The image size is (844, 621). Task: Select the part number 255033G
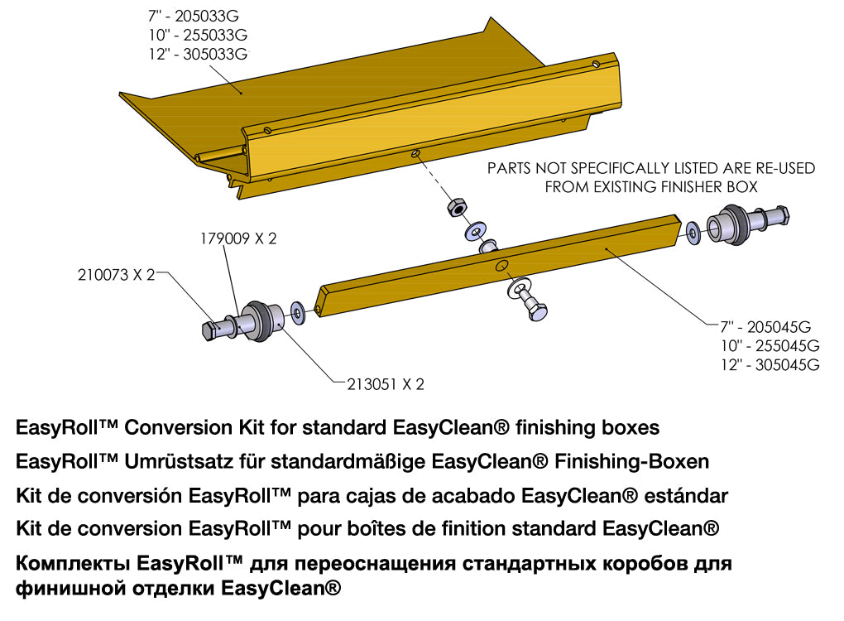(x=216, y=36)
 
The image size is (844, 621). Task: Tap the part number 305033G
(x=216, y=55)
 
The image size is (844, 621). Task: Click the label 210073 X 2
(x=116, y=277)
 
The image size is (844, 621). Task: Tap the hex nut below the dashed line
(x=455, y=208)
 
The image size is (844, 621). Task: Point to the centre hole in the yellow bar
(x=501, y=265)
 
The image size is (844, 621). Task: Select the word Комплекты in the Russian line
(x=70, y=565)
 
